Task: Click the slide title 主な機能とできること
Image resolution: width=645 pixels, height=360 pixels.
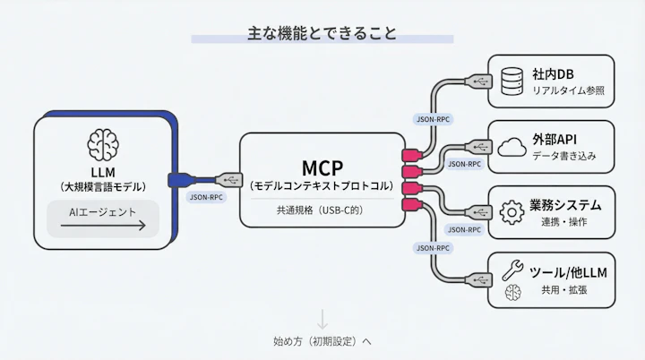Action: point(322,34)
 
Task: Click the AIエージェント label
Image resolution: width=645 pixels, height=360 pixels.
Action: point(103,212)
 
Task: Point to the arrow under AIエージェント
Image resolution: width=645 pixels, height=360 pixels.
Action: point(103,227)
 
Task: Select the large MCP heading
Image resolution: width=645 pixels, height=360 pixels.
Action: point(322,167)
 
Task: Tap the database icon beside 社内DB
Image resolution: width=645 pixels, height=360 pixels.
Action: point(512,81)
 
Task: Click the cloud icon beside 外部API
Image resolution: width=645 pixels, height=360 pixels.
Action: point(512,147)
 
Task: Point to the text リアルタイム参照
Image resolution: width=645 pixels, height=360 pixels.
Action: point(568,90)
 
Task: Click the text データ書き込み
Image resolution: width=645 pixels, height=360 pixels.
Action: point(564,156)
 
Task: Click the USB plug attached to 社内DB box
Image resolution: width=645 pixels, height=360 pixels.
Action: point(477,81)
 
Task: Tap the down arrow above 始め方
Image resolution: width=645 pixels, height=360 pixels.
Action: point(322,319)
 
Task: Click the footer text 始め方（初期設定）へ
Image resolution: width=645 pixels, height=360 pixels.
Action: point(322,341)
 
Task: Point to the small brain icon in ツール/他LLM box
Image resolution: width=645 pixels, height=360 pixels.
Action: point(512,292)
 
